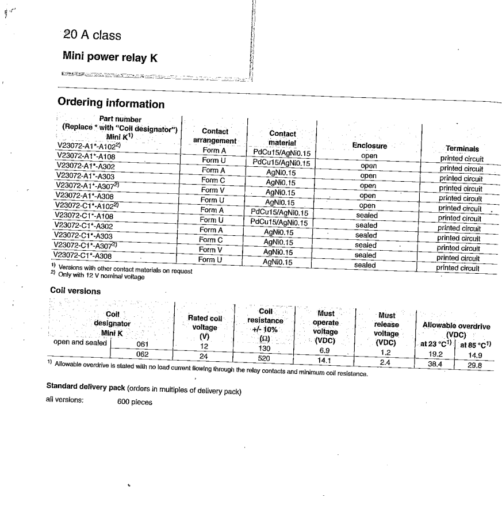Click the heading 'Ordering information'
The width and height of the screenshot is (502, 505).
[x=111, y=104]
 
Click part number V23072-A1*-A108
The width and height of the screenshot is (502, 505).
[x=86, y=156]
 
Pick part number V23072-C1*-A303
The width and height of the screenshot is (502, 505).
[x=83, y=235]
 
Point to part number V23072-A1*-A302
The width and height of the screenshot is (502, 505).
[x=85, y=166]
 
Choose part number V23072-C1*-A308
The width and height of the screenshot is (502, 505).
[x=82, y=255]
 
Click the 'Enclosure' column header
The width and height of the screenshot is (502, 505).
[x=369, y=146]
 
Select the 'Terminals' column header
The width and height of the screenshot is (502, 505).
[x=462, y=148]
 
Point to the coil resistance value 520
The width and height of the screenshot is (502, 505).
[x=265, y=357]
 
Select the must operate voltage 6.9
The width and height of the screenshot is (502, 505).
[x=324, y=350]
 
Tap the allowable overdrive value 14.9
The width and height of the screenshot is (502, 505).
[x=474, y=355]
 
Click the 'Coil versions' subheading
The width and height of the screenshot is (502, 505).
[x=75, y=291]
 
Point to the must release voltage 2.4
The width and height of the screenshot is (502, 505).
[x=385, y=362]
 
